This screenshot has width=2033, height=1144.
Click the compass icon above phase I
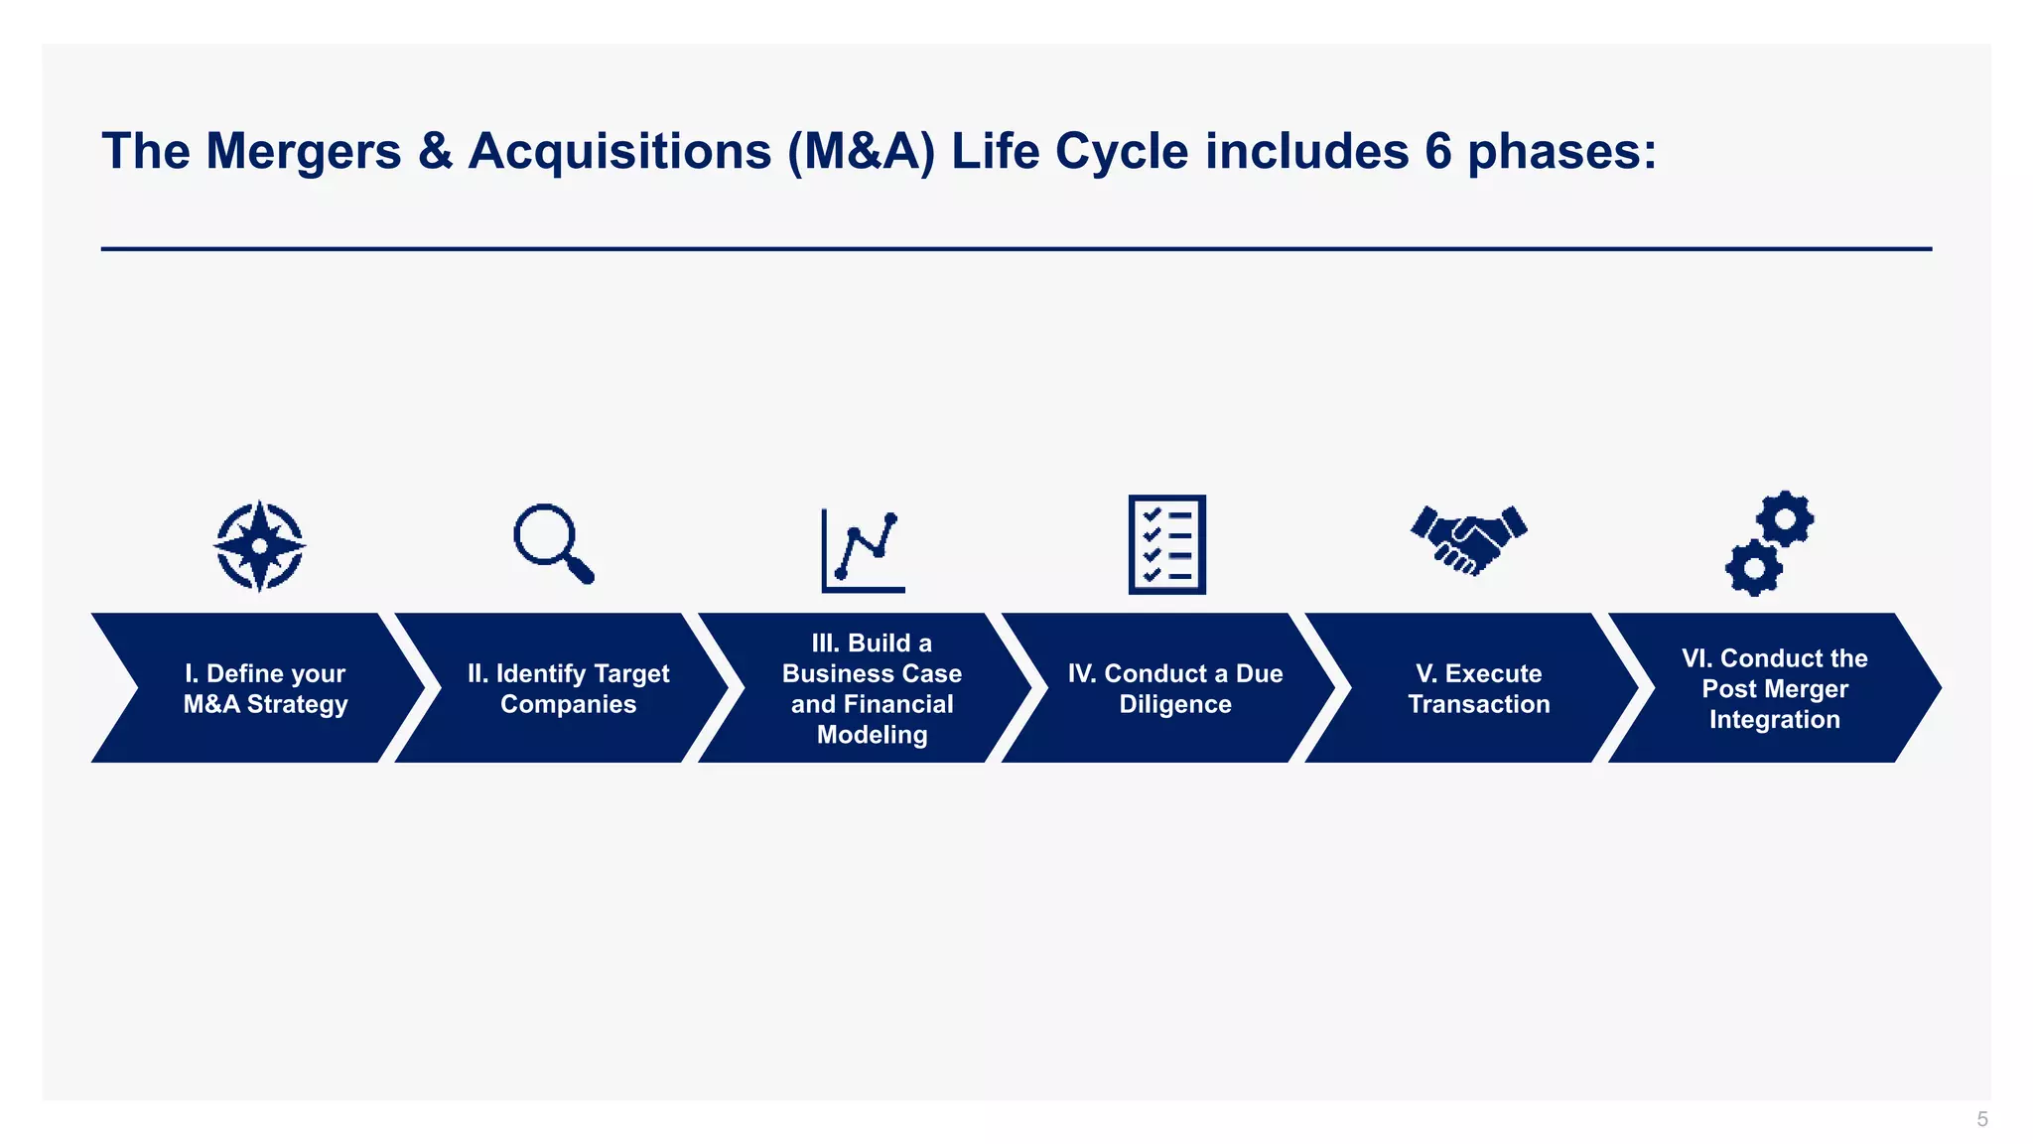(x=260, y=546)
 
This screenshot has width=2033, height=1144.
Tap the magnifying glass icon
(x=552, y=543)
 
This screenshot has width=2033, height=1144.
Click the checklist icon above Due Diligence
(x=1167, y=545)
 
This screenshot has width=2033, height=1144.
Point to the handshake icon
(x=1469, y=539)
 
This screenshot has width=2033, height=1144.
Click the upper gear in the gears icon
(x=1785, y=518)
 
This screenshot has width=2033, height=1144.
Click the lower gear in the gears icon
(x=1754, y=568)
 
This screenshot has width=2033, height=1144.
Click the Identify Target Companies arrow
(x=568, y=688)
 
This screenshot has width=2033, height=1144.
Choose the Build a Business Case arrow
(x=872, y=688)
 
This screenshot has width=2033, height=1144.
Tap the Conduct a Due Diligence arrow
(x=1175, y=688)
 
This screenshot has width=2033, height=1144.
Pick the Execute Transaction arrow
(x=1478, y=688)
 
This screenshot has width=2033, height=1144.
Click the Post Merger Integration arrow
(x=1774, y=688)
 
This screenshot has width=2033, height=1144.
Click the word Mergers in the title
(x=303, y=153)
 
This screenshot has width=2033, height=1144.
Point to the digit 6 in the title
(x=1438, y=152)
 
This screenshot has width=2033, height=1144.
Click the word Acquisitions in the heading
(x=619, y=153)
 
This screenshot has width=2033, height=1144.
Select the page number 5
(x=1982, y=1119)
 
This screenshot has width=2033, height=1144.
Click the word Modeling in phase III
(x=872, y=735)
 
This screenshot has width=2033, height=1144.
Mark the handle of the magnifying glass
(x=580, y=570)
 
